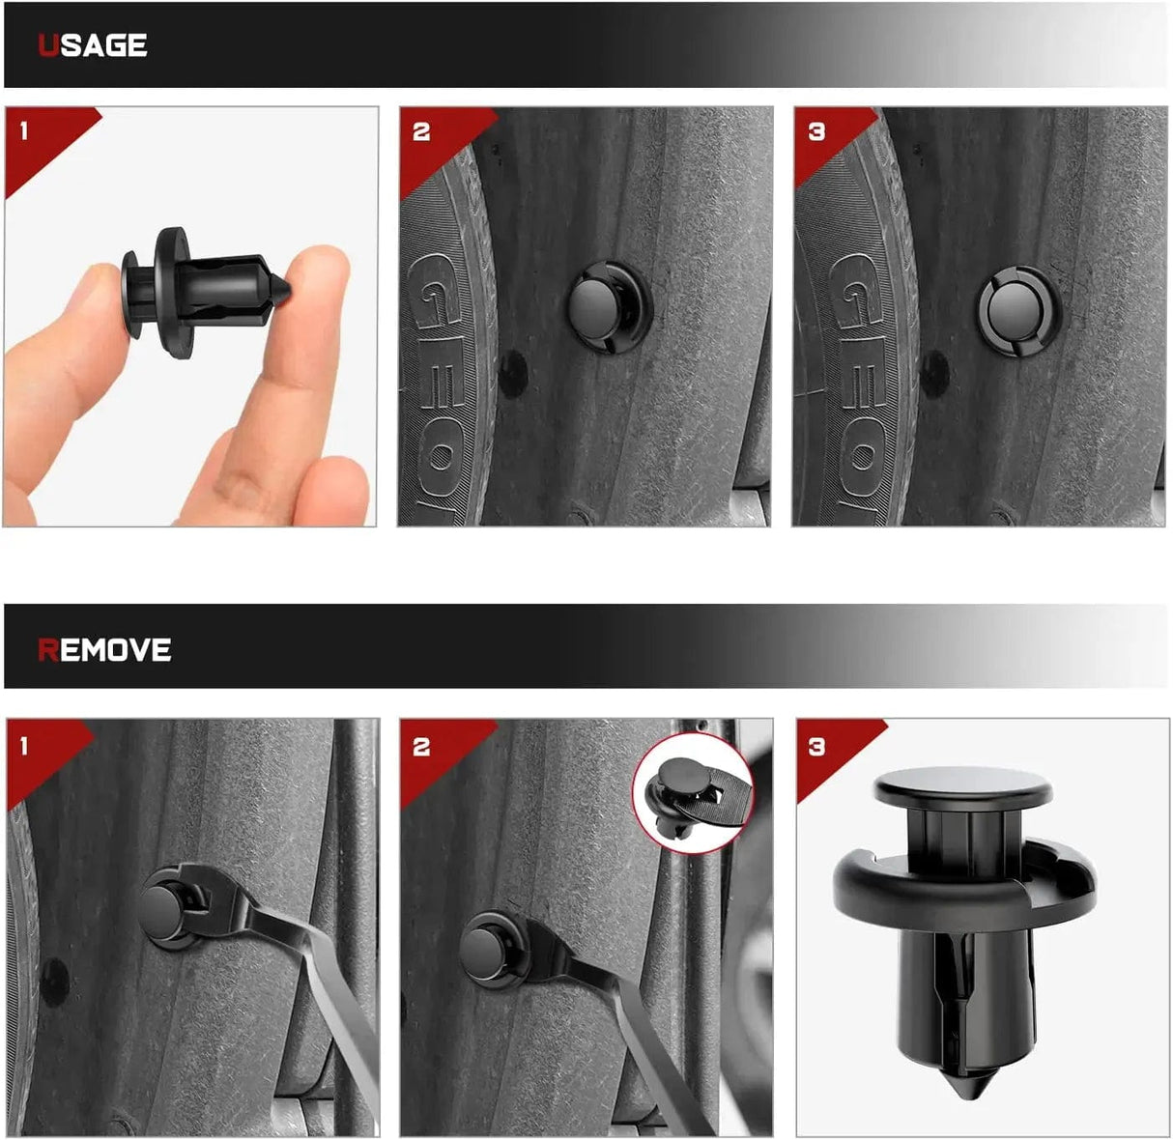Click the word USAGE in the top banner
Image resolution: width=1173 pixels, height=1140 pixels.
(92, 45)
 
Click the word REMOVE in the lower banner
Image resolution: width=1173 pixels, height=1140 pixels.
(104, 650)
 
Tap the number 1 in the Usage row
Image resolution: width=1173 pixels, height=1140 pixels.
(23, 130)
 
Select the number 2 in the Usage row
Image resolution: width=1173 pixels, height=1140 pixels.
(421, 131)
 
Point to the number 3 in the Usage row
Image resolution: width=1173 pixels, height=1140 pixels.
(816, 131)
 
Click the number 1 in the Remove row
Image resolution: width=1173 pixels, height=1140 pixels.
(23, 747)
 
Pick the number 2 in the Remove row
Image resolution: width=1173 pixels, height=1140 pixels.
(421, 747)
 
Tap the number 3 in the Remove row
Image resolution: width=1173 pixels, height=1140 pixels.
(816, 747)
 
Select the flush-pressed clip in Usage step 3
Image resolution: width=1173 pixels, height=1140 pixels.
(1018, 311)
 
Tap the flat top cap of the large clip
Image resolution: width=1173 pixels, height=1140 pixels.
(962, 786)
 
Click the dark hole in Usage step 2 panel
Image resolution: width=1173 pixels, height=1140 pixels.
(513, 374)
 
